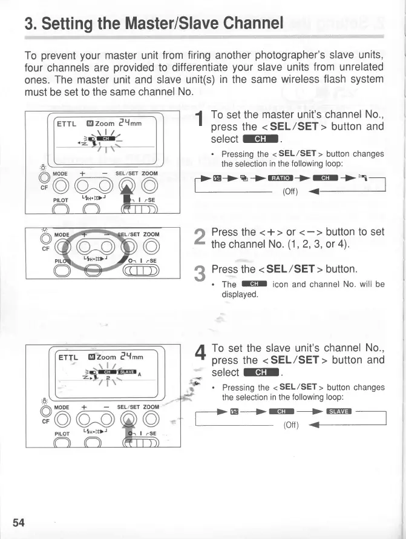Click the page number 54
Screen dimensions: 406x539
click(18, 522)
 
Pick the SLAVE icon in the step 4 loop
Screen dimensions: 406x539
click(339, 412)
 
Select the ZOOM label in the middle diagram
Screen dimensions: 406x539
click(151, 234)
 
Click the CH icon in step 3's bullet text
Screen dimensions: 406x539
click(254, 284)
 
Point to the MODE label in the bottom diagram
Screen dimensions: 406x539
click(61, 407)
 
